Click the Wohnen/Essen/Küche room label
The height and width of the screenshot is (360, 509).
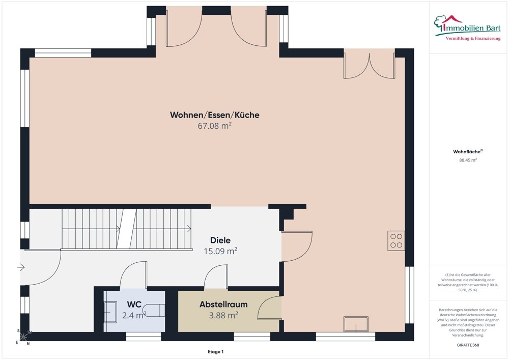[x=215, y=115]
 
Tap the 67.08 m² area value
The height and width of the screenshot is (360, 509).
[x=215, y=126]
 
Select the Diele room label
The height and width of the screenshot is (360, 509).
[x=220, y=240]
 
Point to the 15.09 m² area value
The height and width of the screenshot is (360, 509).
[x=220, y=251]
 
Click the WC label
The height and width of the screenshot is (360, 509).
[x=134, y=304]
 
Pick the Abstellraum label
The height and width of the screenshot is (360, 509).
[x=223, y=304]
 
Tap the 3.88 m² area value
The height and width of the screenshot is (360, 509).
[x=223, y=315]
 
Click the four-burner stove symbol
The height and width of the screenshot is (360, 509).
[x=396, y=240]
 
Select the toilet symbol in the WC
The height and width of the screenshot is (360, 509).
[x=155, y=310]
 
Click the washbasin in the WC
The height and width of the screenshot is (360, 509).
[x=110, y=312]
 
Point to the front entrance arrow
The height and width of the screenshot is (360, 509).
[x=21, y=267]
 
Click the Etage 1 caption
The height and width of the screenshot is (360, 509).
[x=215, y=352]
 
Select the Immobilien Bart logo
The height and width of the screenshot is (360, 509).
[x=467, y=27]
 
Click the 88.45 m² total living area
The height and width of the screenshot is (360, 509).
[x=468, y=160]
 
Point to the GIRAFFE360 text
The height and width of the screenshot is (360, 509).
[x=468, y=345]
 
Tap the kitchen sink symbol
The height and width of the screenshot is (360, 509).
[x=356, y=324]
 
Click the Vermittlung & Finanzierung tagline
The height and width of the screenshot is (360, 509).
[x=473, y=39]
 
